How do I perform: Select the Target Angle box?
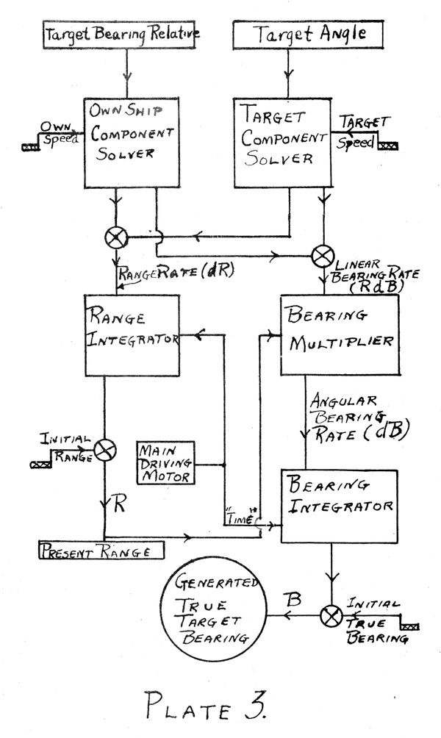(x=308, y=35)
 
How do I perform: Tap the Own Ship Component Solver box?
(x=132, y=143)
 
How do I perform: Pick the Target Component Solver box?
(x=283, y=143)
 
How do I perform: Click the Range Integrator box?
(x=132, y=336)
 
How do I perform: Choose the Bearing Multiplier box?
(x=340, y=335)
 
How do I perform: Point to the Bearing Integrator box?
(x=340, y=506)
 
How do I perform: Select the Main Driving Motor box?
(x=165, y=462)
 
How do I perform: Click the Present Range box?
(x=101, y=550)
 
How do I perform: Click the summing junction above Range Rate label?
(x=116, y=237)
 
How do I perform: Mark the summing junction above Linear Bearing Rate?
(x=323, y=257)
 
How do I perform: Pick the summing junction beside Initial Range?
(x=104, y=451)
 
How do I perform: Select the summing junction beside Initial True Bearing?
(x=331, y=616)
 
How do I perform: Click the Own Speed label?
(x=58, y=134)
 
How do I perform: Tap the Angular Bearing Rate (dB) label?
(x=359, y=418)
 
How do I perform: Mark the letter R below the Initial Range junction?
(x=120, y=504)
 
